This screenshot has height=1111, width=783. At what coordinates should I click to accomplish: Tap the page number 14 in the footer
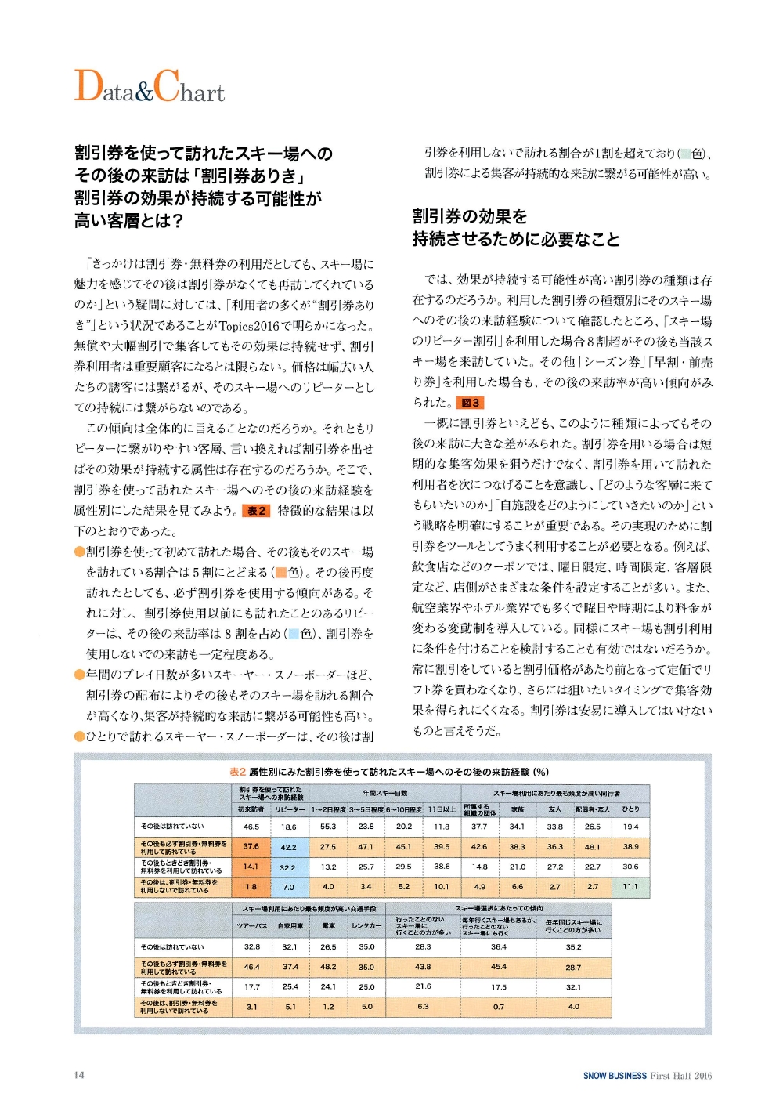79,1075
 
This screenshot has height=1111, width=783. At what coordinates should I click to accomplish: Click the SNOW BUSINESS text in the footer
615,1076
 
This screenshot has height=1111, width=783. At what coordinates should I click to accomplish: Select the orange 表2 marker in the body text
256,511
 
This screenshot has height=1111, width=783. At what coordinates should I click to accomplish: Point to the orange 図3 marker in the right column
471,403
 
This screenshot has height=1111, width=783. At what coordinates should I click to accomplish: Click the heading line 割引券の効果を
470,216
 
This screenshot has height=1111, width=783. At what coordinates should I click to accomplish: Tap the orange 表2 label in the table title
237,772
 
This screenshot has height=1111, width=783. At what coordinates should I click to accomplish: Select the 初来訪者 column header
251,809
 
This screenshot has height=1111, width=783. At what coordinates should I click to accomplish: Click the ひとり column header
630,809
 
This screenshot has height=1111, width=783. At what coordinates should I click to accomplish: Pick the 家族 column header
517,809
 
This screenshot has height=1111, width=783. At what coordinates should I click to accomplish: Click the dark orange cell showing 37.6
251,846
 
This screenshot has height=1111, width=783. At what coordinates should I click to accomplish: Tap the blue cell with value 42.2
288,847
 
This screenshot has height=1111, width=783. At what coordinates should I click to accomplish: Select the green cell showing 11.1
630,887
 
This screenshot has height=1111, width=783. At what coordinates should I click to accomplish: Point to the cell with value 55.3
328,827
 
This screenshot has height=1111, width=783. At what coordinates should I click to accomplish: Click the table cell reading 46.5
251,827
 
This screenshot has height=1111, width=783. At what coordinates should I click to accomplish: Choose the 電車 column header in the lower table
328,926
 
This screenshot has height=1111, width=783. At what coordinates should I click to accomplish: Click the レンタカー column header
366,926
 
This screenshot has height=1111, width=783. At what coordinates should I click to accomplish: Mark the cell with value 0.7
499,1007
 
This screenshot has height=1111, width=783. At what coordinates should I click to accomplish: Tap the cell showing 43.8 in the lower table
423,967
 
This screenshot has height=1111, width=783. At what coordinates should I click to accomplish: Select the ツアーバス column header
252,926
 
